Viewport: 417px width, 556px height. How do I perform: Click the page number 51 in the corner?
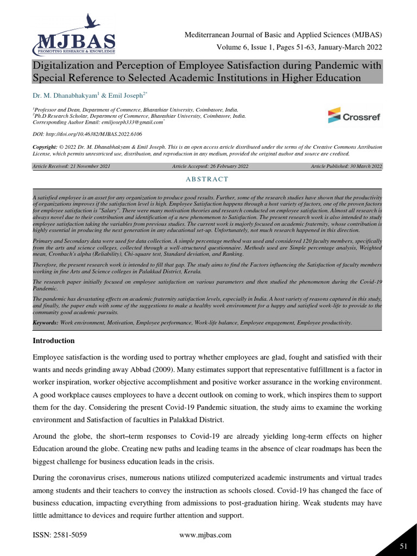click(403, 546)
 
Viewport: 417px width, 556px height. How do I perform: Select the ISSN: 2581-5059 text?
click(60, 535)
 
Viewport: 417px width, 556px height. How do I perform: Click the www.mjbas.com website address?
click(205, 535)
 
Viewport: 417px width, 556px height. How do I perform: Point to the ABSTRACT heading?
click(208, 179)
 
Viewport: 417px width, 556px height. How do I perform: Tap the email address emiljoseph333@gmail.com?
click(132, 123)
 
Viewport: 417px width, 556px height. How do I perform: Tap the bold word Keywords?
click(46, 323)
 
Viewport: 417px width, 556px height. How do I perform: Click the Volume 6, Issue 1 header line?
click(300, 47)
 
